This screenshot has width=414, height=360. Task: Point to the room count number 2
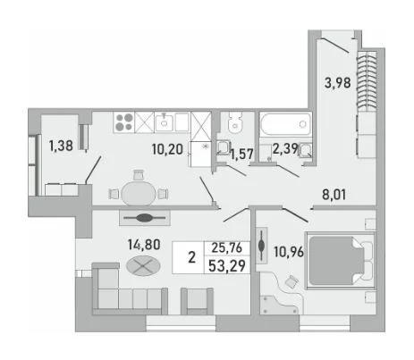[191, 257]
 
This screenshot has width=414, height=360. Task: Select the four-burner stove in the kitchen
[126, 121]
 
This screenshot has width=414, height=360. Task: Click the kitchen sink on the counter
[164, 121]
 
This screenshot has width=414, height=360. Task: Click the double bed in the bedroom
[342, 259]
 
